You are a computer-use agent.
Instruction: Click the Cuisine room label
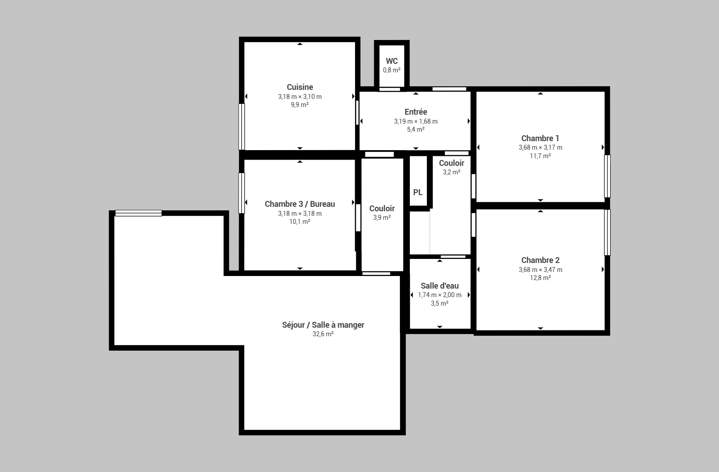pos(300,87)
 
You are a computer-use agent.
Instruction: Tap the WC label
pos(391,61)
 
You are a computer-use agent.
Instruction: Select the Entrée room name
pos(416,112)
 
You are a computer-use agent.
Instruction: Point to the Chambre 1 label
pos(540,138)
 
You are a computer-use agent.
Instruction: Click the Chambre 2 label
pos(540,260)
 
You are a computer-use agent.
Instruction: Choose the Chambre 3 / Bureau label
pos(300,204)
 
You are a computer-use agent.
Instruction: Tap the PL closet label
pos(417,192)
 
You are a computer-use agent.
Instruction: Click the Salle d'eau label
pos(439,286)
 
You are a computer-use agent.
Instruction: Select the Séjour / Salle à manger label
pos(323,325)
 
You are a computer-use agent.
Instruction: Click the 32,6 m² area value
pos(323,334)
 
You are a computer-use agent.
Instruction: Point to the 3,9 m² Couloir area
pos(382,218)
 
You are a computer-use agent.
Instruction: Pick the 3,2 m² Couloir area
pos(451,172)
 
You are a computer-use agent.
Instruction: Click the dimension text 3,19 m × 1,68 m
pos(416,121)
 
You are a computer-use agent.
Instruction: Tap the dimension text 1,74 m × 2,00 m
pos(439,295)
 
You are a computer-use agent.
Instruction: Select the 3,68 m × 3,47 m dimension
pos(540,270)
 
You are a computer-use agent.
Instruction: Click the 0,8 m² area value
pos(391,70)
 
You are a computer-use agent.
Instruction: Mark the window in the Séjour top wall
pos(138,213)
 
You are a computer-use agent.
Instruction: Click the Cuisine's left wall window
pos(241,126)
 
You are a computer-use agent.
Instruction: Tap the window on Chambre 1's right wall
pos(607,176)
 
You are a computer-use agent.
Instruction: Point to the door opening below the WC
pos(390,89)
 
